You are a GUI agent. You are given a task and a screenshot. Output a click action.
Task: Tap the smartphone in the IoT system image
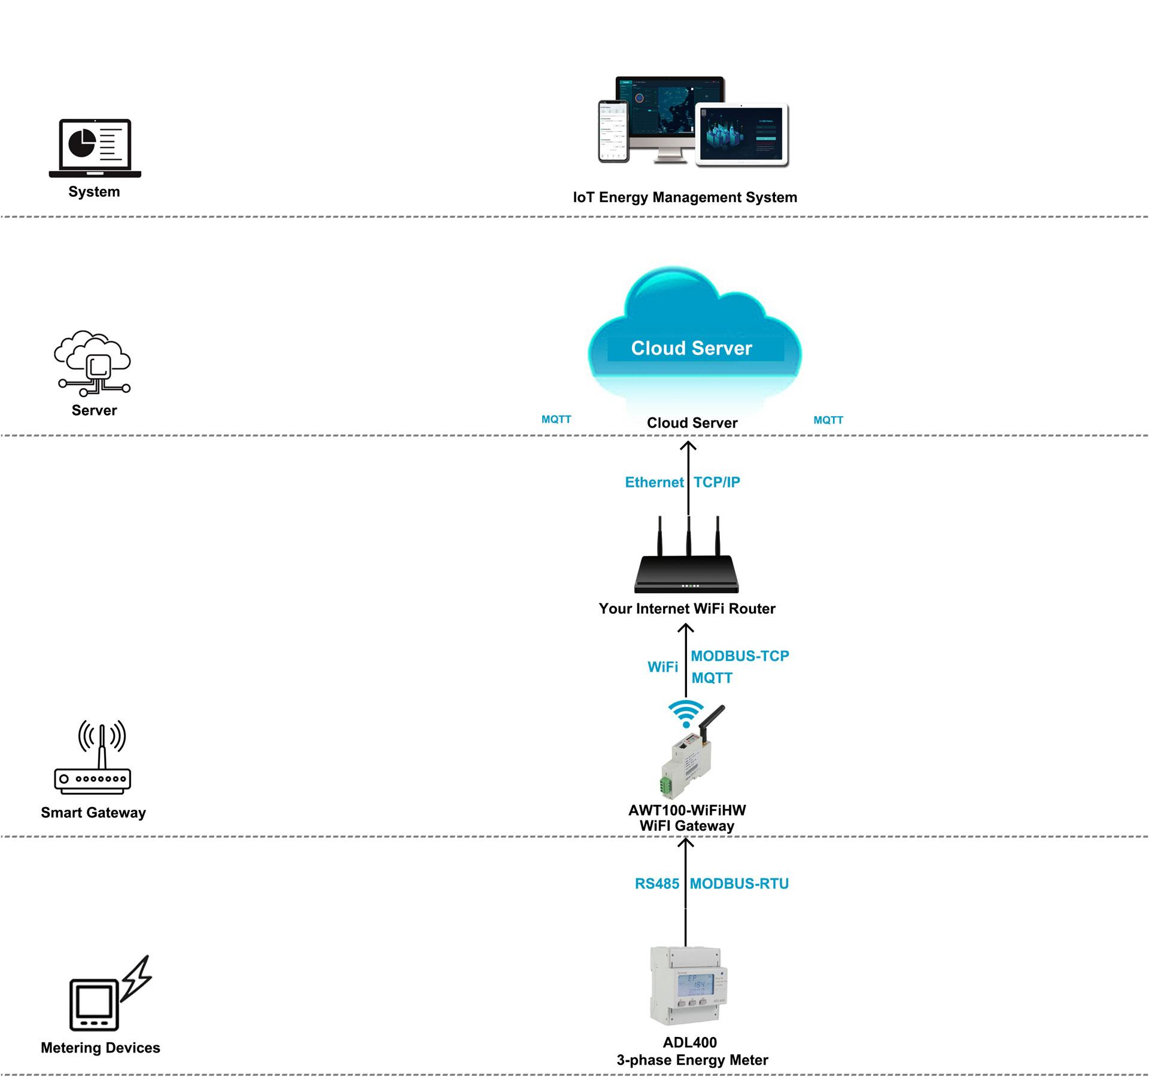coord(613,132)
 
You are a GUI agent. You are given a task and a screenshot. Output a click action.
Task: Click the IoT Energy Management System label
coord(685,197)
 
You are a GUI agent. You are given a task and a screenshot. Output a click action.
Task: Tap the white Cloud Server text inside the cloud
coord(691,348)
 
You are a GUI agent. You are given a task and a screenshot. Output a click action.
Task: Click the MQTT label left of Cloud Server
coord(556,419)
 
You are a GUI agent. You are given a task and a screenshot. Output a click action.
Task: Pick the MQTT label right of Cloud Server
coord(828,420)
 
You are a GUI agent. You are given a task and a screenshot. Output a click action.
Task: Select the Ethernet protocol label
coord(653,482)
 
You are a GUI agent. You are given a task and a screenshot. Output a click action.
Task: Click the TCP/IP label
coord(716,482)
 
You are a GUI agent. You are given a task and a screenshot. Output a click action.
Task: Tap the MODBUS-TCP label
coord(740,656)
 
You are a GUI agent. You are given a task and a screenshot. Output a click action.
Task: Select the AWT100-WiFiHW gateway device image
coord(688,759)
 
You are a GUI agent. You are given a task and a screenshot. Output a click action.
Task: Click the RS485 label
coord(656,884)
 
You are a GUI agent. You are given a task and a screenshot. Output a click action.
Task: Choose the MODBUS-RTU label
coord(739,884)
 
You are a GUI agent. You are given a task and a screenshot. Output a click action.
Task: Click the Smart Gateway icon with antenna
coord(93,758)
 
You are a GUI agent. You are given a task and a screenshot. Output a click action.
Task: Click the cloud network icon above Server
coord(93,363)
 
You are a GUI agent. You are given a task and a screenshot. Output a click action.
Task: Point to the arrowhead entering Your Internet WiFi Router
coord(686,628)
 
